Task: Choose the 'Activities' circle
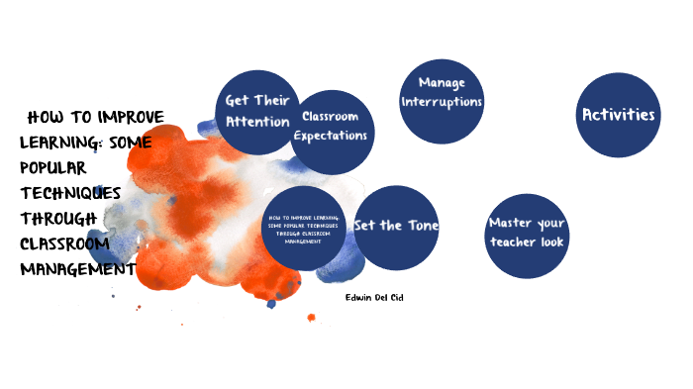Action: [x=618, y=115]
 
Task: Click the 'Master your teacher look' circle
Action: [x=528, y=234]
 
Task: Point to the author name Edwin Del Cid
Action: [x=374, y=297]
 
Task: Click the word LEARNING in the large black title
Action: [x=55, y=142]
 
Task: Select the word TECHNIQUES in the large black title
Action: [x=70, y=192]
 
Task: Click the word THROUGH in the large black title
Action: [x=58, y=218]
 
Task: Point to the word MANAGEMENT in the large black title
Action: [x=77, y=267]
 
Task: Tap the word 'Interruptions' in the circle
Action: [x=442, y=102]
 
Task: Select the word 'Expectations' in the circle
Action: [x=331, y=136]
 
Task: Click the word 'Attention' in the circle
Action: [x=257, y=122]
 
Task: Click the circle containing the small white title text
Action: [x=303, y=228]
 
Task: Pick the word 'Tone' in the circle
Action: [x=420, y=226]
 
